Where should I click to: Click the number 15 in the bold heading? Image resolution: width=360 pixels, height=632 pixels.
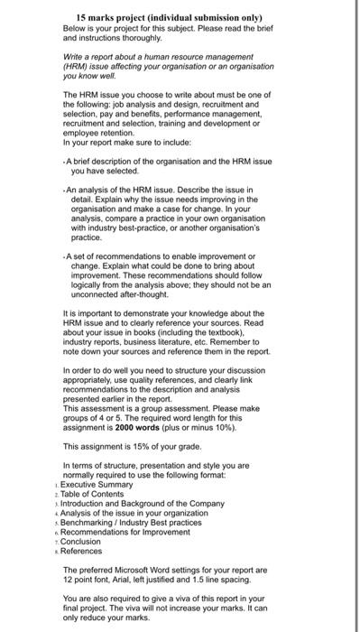[x=82, y=18]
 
